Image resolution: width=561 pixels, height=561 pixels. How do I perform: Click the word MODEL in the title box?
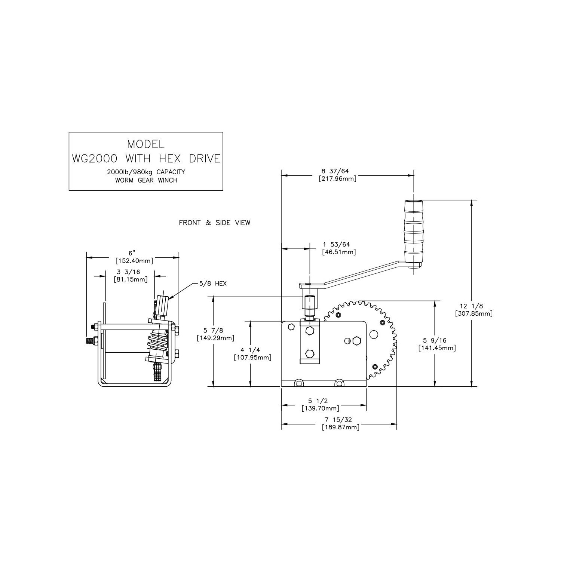[x=146, y=144]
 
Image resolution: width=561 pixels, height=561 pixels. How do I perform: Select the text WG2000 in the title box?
[x=95, y=159]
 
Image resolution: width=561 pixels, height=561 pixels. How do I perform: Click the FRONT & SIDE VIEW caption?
[x=215, y=223]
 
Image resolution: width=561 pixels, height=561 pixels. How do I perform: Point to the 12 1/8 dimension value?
[x=474, y=306]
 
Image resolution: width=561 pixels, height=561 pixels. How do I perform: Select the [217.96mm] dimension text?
[x=338, y=179]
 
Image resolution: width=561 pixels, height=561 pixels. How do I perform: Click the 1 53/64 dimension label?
[x=337, y=245]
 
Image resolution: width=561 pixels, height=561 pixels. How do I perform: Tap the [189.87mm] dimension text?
[x=340, y=427]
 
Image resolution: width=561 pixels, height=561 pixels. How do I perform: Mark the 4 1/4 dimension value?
[x=250, y=350]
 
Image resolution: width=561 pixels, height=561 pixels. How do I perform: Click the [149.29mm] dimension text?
[x=215, y=338]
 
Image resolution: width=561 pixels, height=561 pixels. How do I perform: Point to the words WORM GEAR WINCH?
[x=146, y=180]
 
